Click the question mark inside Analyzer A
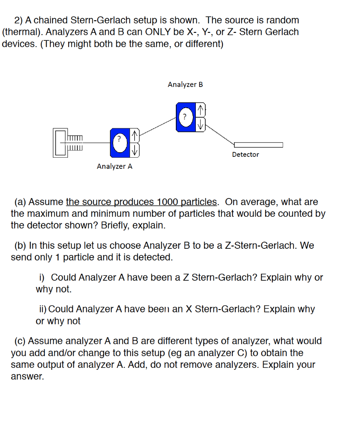[x=119, y=139]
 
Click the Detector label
[x=245, y=154]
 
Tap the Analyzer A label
[x=114, y=166]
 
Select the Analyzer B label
[x=185, y=84]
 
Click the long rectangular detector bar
[x=258, y=145]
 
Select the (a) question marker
[x=20, y=202]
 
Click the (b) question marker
[x=20, y=245]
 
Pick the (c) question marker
[x=20, y=341]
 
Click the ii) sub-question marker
[x=42, y=309]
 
